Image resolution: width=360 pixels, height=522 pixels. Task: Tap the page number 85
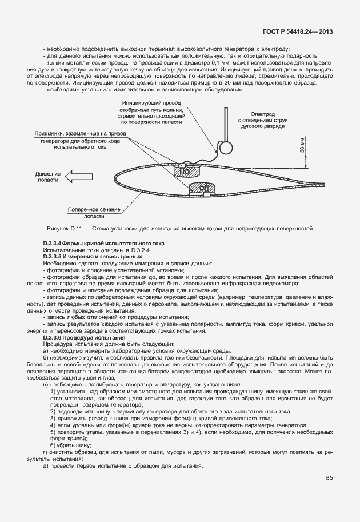point(330,477)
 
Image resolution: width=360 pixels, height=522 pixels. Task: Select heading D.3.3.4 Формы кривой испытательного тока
point(103,244)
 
